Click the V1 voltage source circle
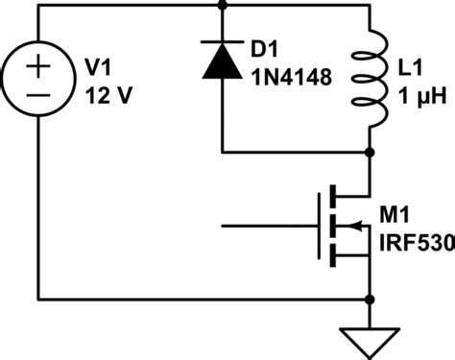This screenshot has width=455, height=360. [x=40, y=80]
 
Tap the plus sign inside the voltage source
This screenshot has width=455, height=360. [x=40, y=66]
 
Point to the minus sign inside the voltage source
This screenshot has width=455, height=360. [x=40, y=95]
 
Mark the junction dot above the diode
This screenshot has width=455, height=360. [x=223, y=6]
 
